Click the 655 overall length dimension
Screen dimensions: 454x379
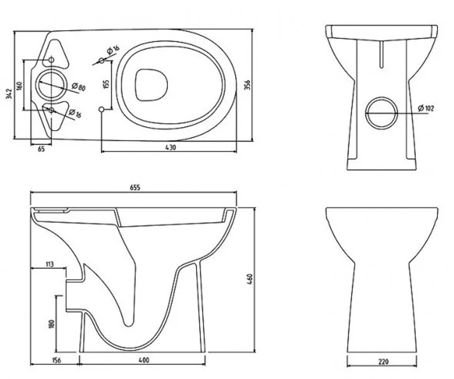(x=135, y=188)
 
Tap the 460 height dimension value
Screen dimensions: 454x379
(x=251, y=279)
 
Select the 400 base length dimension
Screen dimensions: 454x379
(x=144, y=360)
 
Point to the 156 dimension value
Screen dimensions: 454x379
(x=56, y=360)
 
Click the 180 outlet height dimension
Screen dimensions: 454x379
(x=52, y=324)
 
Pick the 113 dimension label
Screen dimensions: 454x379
(x=50, y=265)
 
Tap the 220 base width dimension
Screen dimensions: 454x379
(x=383, y=362)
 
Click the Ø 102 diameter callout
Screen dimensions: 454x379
(x=426, y=108)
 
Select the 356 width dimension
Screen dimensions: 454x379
(x=248, y=85)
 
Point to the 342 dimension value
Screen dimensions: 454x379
(x=9, y=94)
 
